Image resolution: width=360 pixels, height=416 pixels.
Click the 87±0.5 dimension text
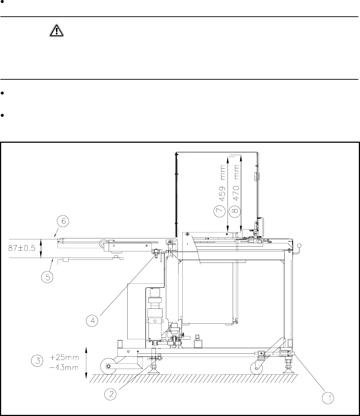click(22, 248)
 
